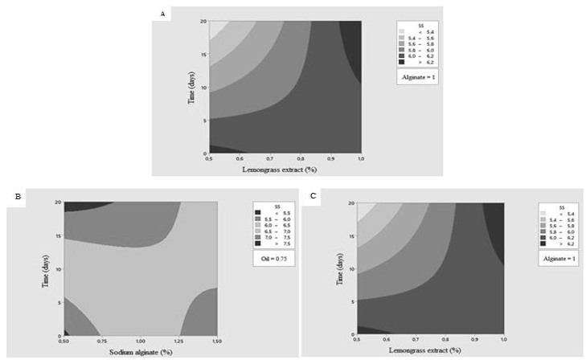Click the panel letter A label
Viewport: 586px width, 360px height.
164,14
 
